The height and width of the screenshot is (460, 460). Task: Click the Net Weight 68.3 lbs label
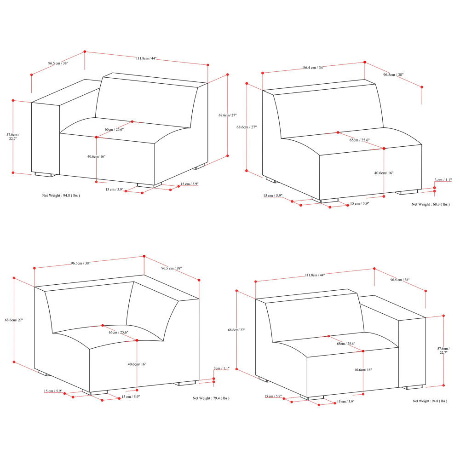(x=430, y=204)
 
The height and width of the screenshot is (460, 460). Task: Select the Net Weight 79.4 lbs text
(x=211, y=398)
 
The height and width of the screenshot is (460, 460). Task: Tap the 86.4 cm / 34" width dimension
(x=313, y=67)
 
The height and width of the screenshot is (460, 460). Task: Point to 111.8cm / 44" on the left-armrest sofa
(x=146, y=58)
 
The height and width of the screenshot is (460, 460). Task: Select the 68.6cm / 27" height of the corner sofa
(x=14, y=320)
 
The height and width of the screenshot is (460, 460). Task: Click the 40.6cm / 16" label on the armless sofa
(x=384, y=173)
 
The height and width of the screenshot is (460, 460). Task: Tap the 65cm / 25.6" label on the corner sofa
(x=118, y=332)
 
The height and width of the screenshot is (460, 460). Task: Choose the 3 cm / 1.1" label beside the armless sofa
(x=443, y=180)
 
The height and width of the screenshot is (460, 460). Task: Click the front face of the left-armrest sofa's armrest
(x=46, y=138)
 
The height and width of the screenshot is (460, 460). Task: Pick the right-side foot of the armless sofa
(x=408, y=191)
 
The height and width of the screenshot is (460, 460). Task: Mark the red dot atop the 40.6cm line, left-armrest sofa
(x=97, y=137)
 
